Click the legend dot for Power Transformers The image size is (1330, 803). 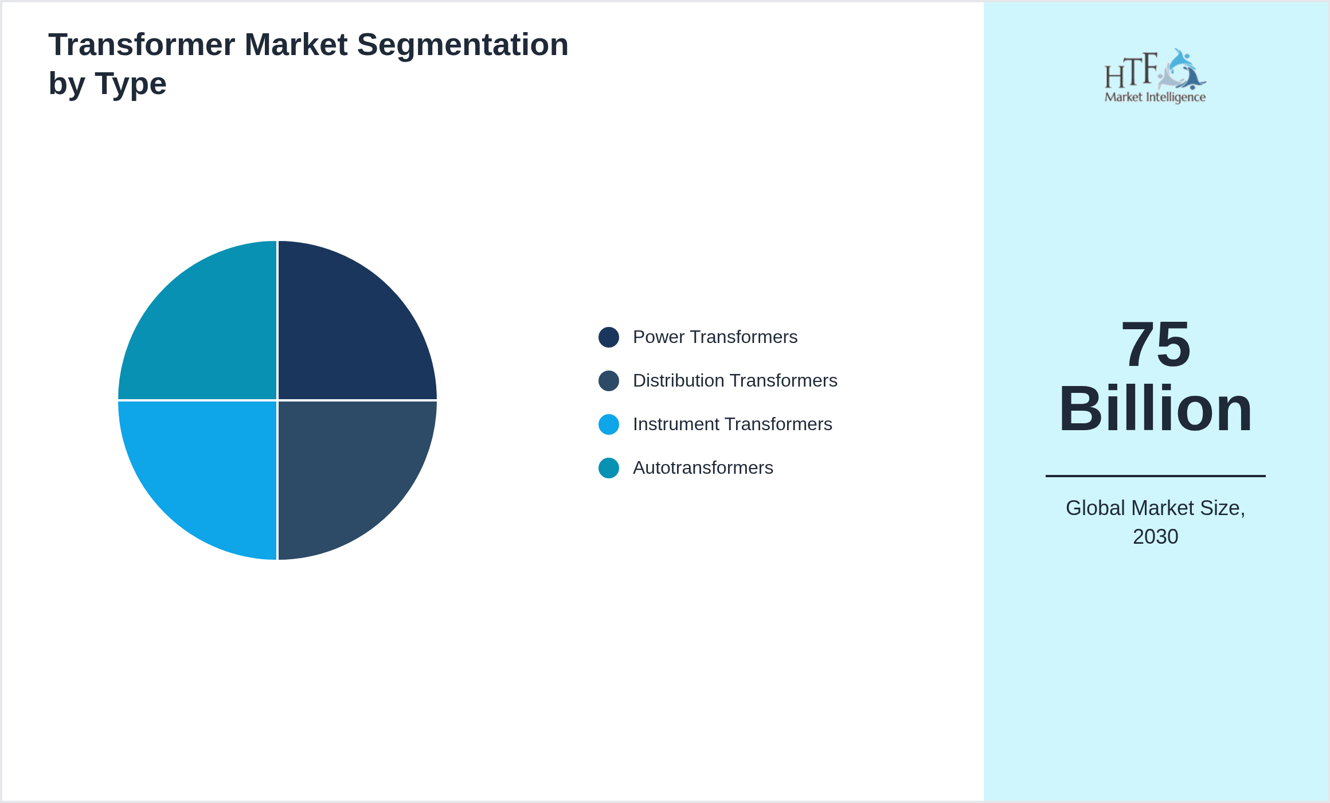(x=609, y=337)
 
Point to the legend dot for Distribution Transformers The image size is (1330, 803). (x=609, y=381)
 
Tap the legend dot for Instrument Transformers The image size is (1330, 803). (x=609, y=424)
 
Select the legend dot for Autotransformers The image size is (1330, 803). (x=609, y=468)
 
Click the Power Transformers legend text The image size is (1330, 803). (x=715, y=337)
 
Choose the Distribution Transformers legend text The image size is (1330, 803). (x=735, y=381)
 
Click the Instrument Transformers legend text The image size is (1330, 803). (x=733, y=424)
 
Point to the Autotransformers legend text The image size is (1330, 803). (x=703, y=468)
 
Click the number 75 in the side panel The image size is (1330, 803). (x=1156, y=345)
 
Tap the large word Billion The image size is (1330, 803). (x=1156, y=409)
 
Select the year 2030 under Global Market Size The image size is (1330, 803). (x=1156, y=537)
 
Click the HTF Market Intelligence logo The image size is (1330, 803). (x=1155, y=76)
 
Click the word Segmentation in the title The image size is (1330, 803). (x=463, y=45)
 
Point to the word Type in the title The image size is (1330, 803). (x=131, y=84)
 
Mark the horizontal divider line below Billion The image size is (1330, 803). (x=1156, y=476)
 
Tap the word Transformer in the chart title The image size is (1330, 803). (x=142, y=45)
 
